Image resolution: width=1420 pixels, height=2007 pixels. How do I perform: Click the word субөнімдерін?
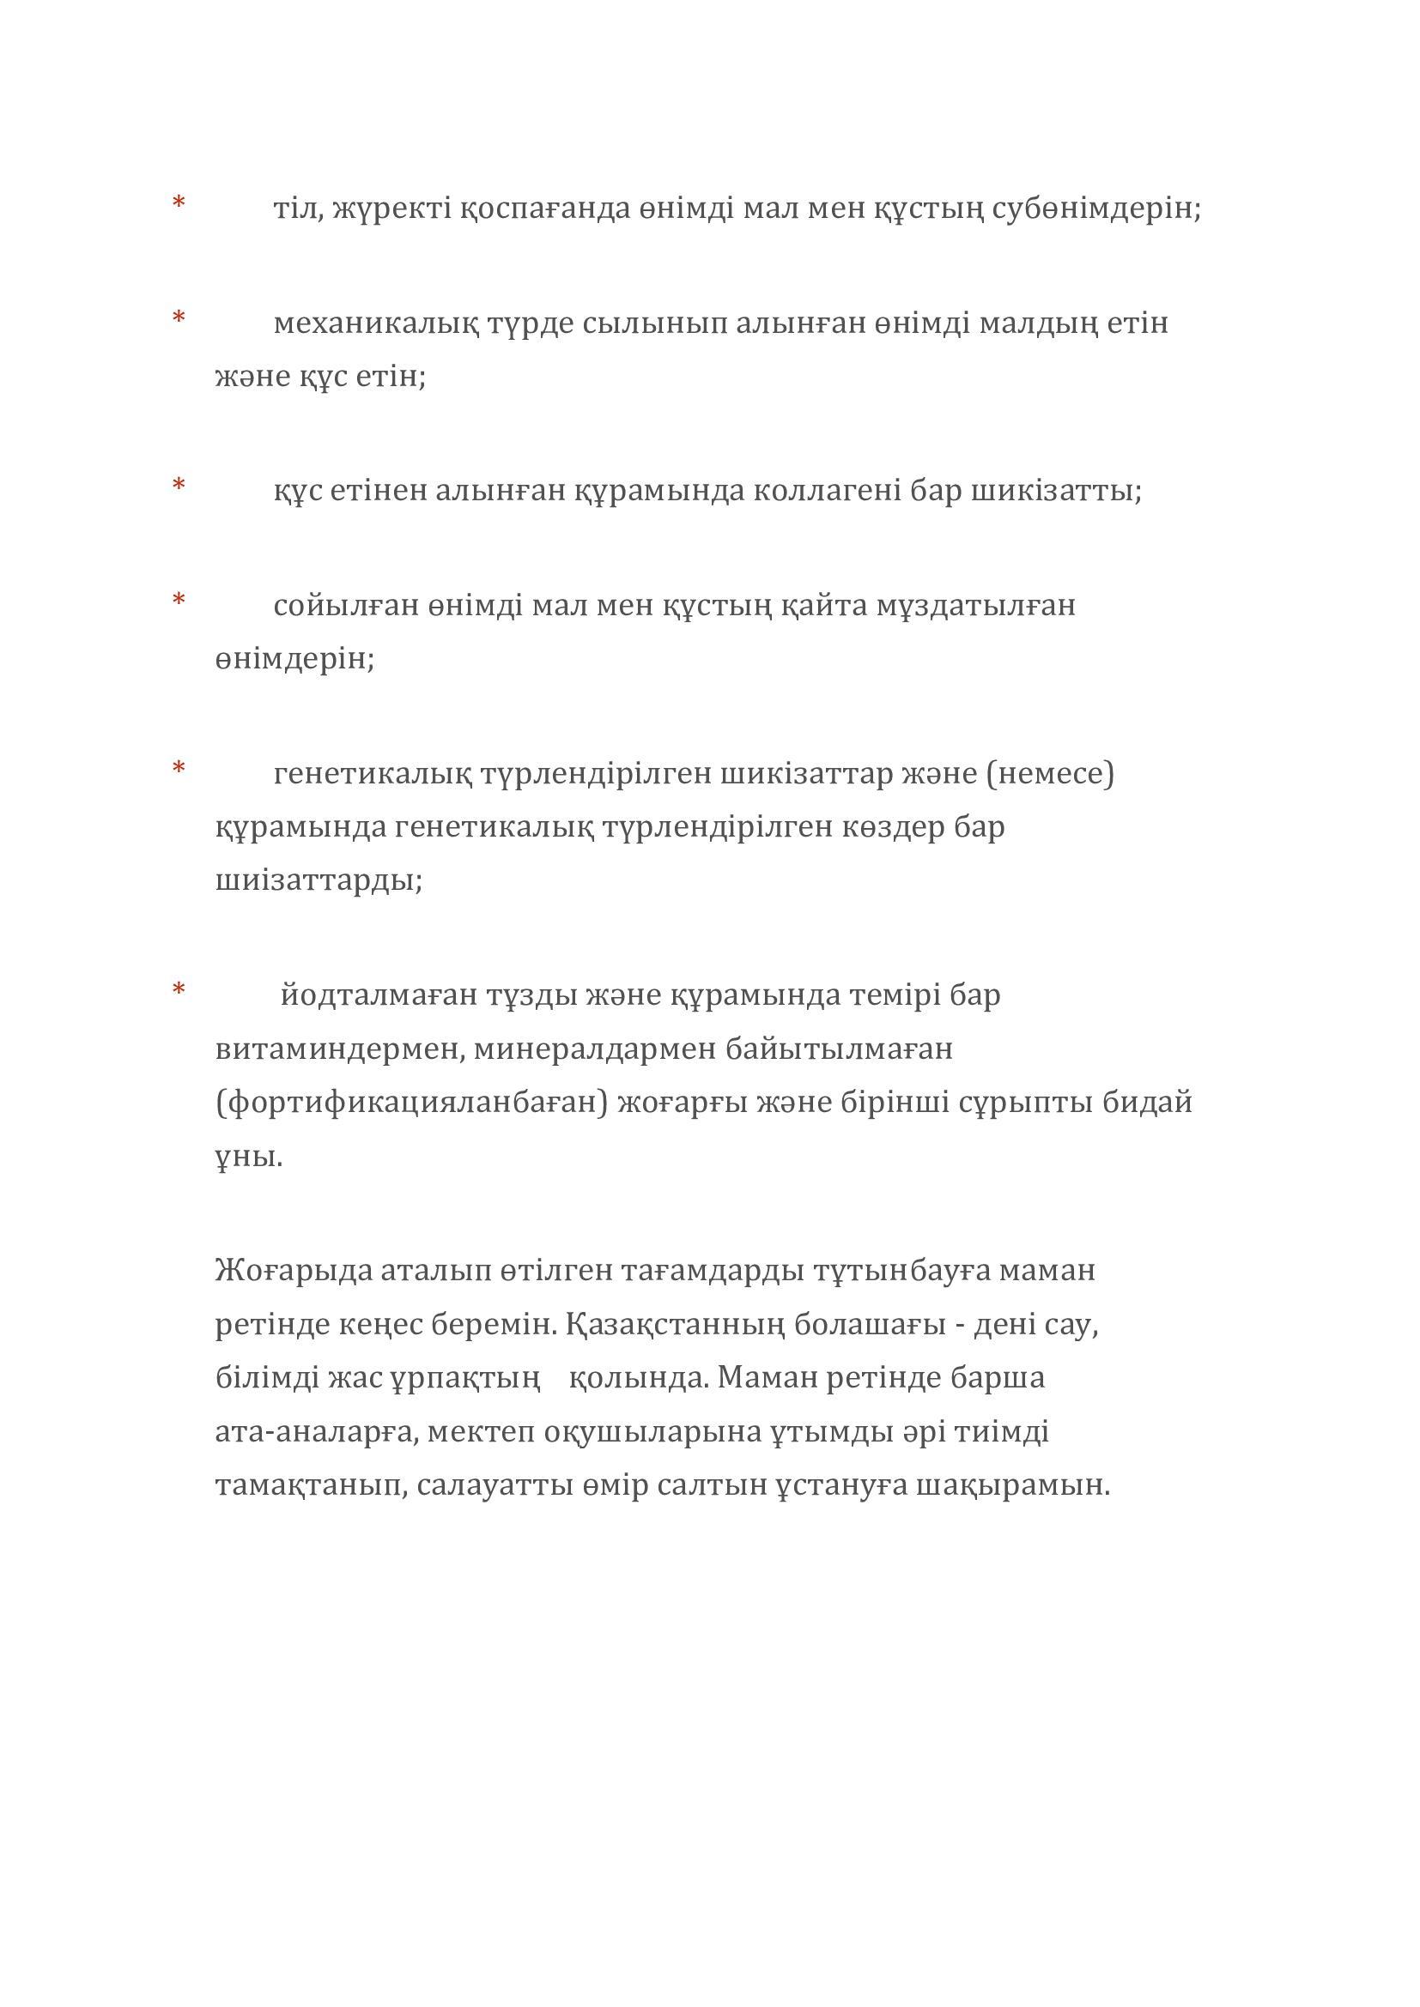[x=1095, y=209]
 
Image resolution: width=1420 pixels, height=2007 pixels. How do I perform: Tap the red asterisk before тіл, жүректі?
[x=179, y=203]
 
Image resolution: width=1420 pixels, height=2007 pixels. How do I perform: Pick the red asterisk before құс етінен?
[x=179, y=485]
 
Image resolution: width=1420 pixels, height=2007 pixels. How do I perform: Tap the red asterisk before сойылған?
[x=179, y=600]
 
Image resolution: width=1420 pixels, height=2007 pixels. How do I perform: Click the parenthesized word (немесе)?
[x=1049, y=774]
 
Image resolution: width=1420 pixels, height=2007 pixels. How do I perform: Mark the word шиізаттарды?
[x=319, y=880]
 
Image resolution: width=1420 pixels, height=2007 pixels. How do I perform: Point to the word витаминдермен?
[x=338, y=1048]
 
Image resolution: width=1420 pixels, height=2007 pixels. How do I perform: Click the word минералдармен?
[x=595, y=1048]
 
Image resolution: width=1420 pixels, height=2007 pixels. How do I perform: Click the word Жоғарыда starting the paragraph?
[x=293, y=1270]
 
